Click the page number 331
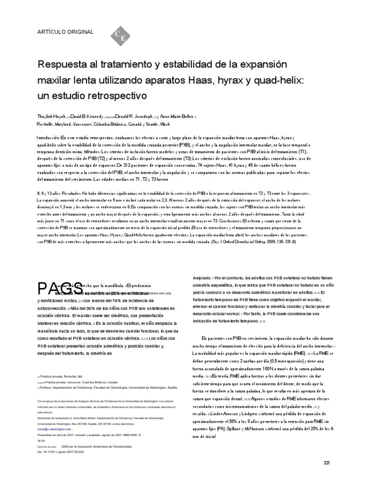coord(326,463)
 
